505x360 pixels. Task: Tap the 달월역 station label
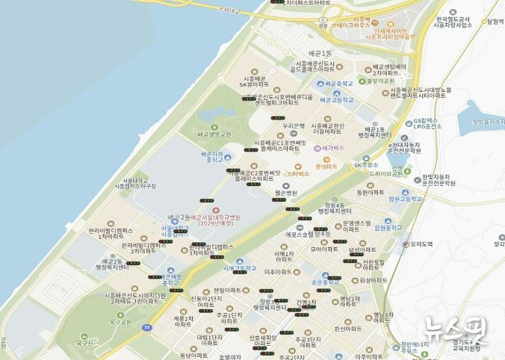(x=492, y=22)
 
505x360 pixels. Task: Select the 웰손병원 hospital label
(x=285, y=193)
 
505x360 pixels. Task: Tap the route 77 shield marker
(x=147, y=326)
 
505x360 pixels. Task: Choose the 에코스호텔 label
(x=297, y=235)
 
